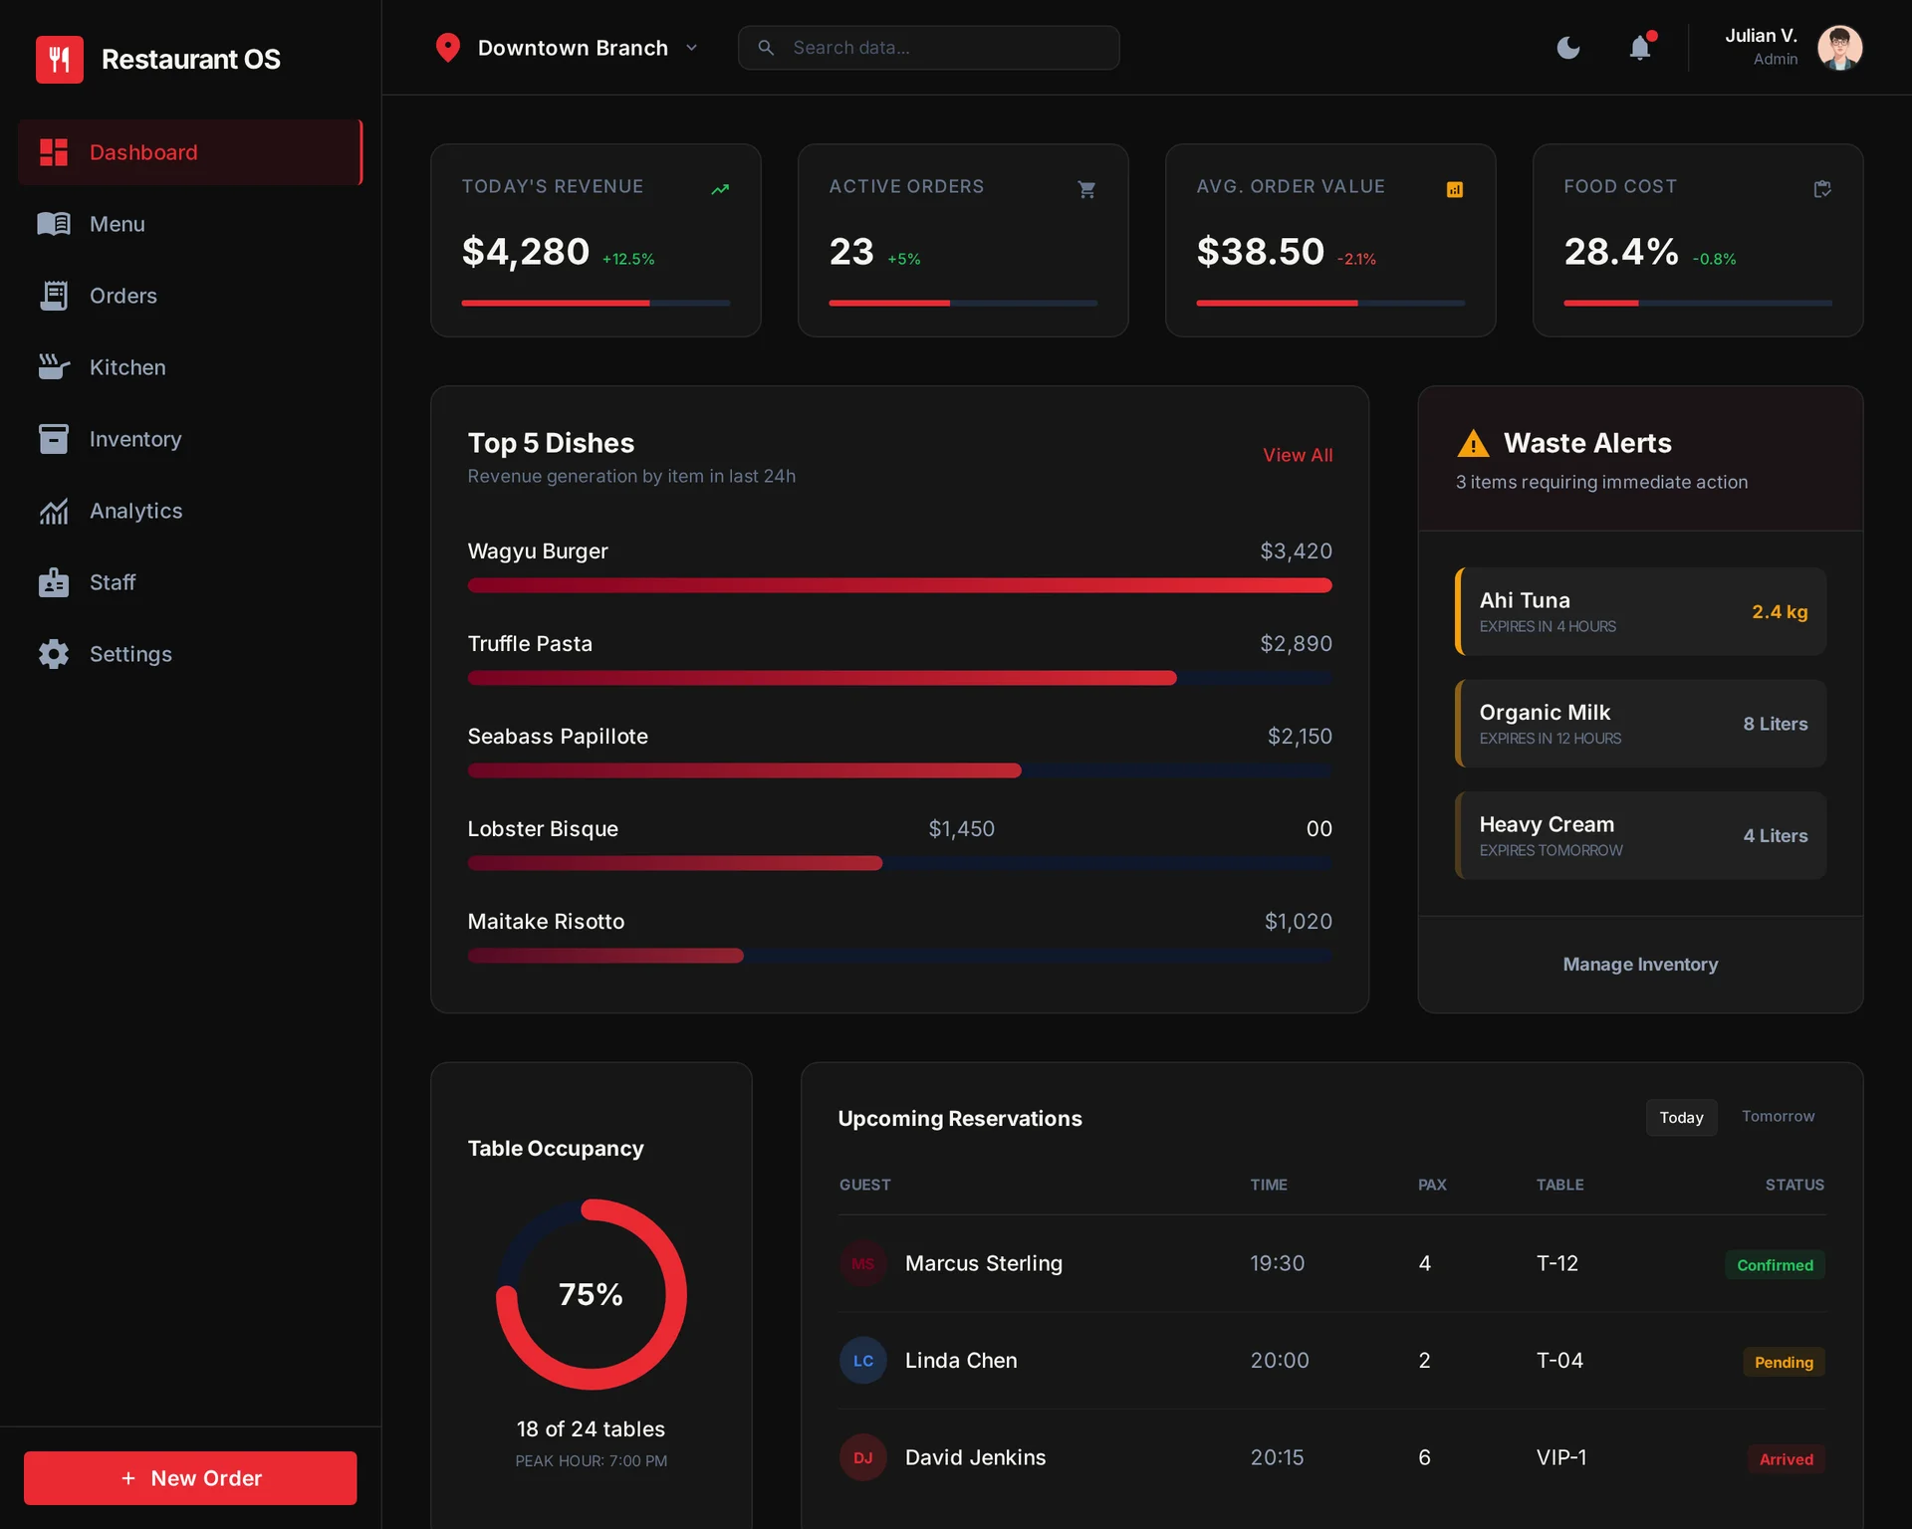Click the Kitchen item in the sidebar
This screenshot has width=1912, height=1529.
[x=126, y=367]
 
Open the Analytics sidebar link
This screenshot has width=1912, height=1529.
[x=135, y=511]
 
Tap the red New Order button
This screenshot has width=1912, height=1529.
[x=190, y=1478]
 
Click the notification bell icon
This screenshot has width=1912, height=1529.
[x=1639, y=48]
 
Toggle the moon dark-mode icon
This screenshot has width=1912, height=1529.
[x=1568, y=48]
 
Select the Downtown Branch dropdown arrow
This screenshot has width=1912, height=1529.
[x=692, y=48]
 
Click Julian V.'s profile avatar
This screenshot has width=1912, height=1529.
[x=1839, y=48]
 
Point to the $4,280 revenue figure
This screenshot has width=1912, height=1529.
[x=526, y=252]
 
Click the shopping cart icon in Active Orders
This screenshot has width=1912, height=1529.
[x=1086, y=189]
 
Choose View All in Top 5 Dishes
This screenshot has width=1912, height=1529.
[x=1297, y=455]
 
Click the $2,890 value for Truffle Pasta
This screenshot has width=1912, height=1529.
[x=1296, y=644]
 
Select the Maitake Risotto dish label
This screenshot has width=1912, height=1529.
[x=546, y=922]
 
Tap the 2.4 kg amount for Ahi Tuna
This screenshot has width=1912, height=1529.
[x=1779, y=612]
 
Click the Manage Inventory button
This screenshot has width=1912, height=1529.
[x=1639, y=964]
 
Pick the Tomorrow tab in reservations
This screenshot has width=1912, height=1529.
[x=1778, y=1117]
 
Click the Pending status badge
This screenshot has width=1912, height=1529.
[x=1783, y=1362]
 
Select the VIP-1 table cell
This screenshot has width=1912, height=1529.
[x=1560, y=1457]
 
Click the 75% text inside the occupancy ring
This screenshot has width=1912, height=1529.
[x=591, y=1294]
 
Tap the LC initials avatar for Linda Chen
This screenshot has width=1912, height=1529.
[x=862, y=1361]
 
